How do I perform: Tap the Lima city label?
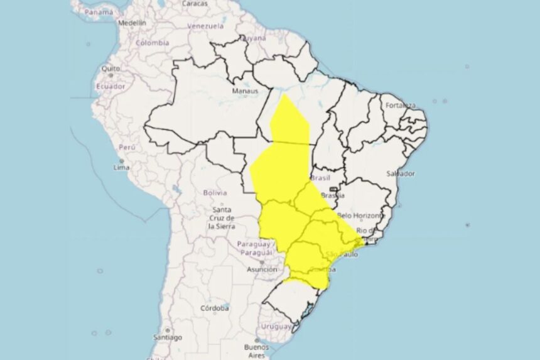click(x=121, y=168)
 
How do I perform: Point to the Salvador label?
click(x=400, y=173)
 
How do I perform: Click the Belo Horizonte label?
click(x=360, y=215)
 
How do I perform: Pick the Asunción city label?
click(x=262, y=269)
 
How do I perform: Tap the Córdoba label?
click(x=214, y=308)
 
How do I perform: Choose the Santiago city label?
click(x=167, y=337)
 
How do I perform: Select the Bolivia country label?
click(x=215, y=193)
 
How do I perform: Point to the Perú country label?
click(x=127, y=147)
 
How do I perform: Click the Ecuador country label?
click(x=110, y=86)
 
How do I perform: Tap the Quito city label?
click(x=111, y=68)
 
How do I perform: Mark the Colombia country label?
click(x=153, y=43)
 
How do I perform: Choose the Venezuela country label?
click(x=205, y=26)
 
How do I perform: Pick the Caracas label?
click(x=195, y=3)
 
